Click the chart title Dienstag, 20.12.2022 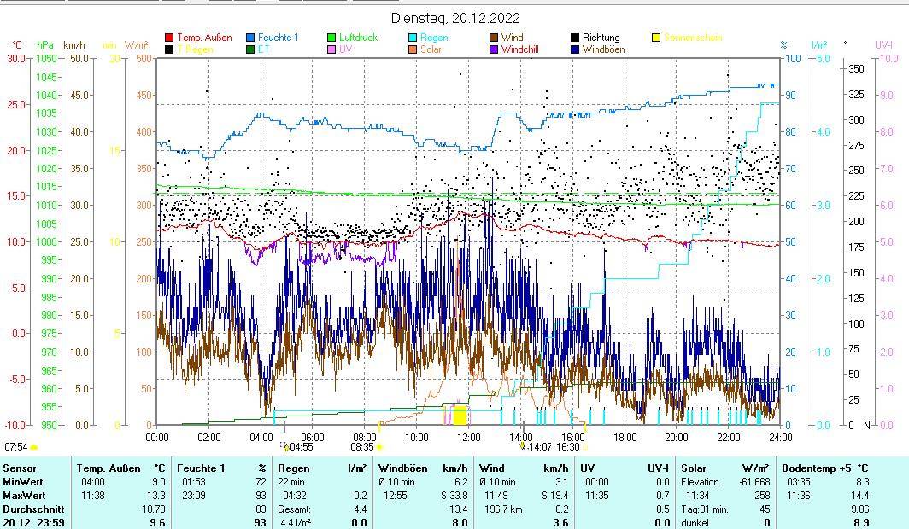455,18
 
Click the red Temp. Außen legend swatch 169,38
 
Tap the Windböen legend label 603,49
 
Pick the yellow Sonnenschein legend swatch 656,38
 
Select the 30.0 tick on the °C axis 16,58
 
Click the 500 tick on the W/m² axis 144,58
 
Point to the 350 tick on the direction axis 855,68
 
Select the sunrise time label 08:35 362,446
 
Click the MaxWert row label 25,496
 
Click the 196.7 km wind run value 500,509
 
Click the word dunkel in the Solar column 696,523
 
